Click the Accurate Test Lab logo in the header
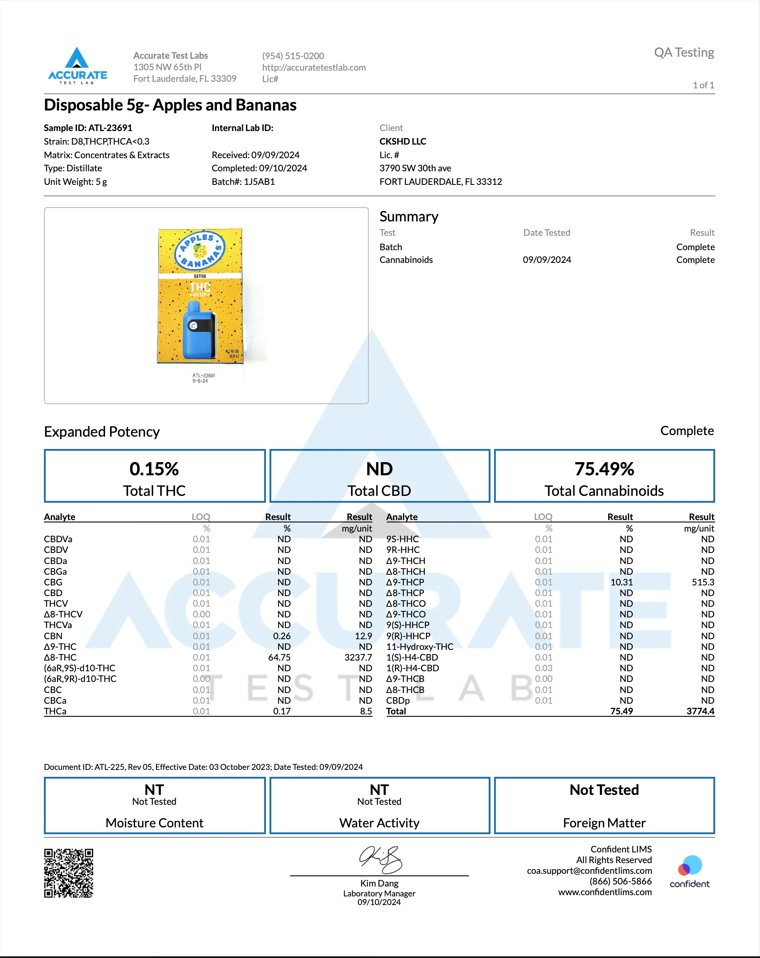coord(77,66)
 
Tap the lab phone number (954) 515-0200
coord(293,56)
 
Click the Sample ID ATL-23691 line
coord(88,128)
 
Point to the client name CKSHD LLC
coord(403,141)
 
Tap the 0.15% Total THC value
coord(154,469)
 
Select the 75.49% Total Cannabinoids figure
coord(604,469)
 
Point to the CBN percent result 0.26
coord(282,636)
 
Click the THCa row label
coord(55,712)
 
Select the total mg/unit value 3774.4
coord(700,712)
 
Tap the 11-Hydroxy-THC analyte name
coord(419,647)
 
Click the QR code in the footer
coord(69,873)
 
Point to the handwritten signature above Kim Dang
coord(380,859)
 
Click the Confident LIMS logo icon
coord(689,866)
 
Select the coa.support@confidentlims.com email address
coord(589,871)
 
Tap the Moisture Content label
coord(154,823)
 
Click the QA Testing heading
coord(684,53)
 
